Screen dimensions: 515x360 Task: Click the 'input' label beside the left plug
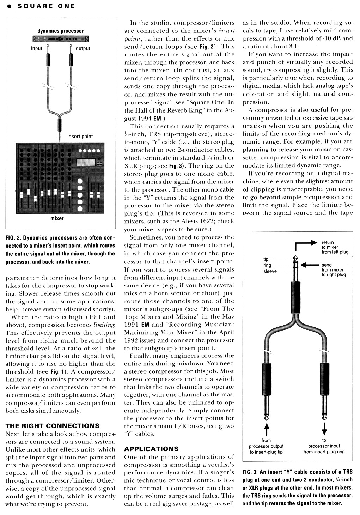(x=36, y=48)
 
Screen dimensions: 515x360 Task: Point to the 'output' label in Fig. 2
(x=83, y=48)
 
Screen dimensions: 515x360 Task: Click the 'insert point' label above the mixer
(x=80, y=137)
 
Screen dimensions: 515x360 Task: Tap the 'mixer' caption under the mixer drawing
(x=57, y=218)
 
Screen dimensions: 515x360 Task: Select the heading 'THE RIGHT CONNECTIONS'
(x=53, y=426)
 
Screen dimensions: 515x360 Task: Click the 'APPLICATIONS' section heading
(x=151, y=449)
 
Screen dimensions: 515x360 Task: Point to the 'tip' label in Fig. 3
(x=266, y=259)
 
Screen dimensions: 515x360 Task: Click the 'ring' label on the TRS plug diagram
(x=267, y=265)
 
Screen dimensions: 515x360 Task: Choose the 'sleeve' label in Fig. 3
(x=270, y=271)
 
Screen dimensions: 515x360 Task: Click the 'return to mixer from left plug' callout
(x=335, y=247)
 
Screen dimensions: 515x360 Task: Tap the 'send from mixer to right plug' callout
(x=334, y=270)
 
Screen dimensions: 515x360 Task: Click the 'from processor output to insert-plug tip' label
(x=266, y=446)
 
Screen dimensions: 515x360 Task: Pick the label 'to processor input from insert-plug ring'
(x=324, y=446)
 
